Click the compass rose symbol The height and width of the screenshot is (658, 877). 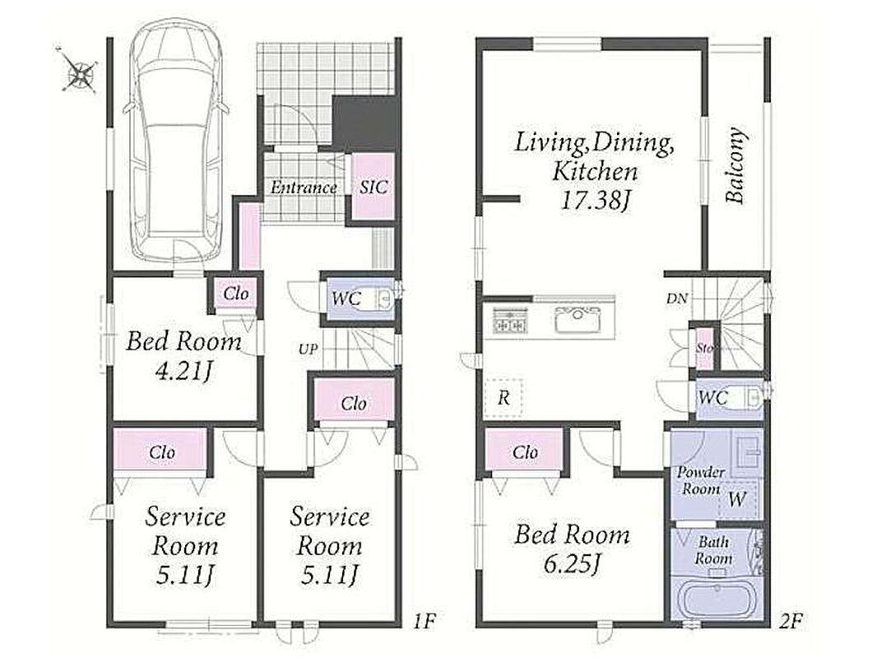click(79, 71)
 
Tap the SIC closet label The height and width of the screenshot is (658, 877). click(373, 187)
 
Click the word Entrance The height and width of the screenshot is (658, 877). click(304, 187)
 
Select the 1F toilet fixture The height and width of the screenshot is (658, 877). click(380, 299)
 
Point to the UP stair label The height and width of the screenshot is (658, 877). click(308, 350)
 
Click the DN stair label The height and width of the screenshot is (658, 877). click(676, 299)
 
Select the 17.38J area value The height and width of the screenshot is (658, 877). click(595, 200)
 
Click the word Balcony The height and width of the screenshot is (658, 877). click(735, 165)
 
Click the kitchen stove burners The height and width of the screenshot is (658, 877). click(509, 321)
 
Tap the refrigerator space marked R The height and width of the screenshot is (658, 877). click(503, 398)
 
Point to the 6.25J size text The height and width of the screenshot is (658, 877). click(572, 564)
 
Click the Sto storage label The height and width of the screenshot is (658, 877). click(705, 348)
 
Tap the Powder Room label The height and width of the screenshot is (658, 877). click(700, 480)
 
